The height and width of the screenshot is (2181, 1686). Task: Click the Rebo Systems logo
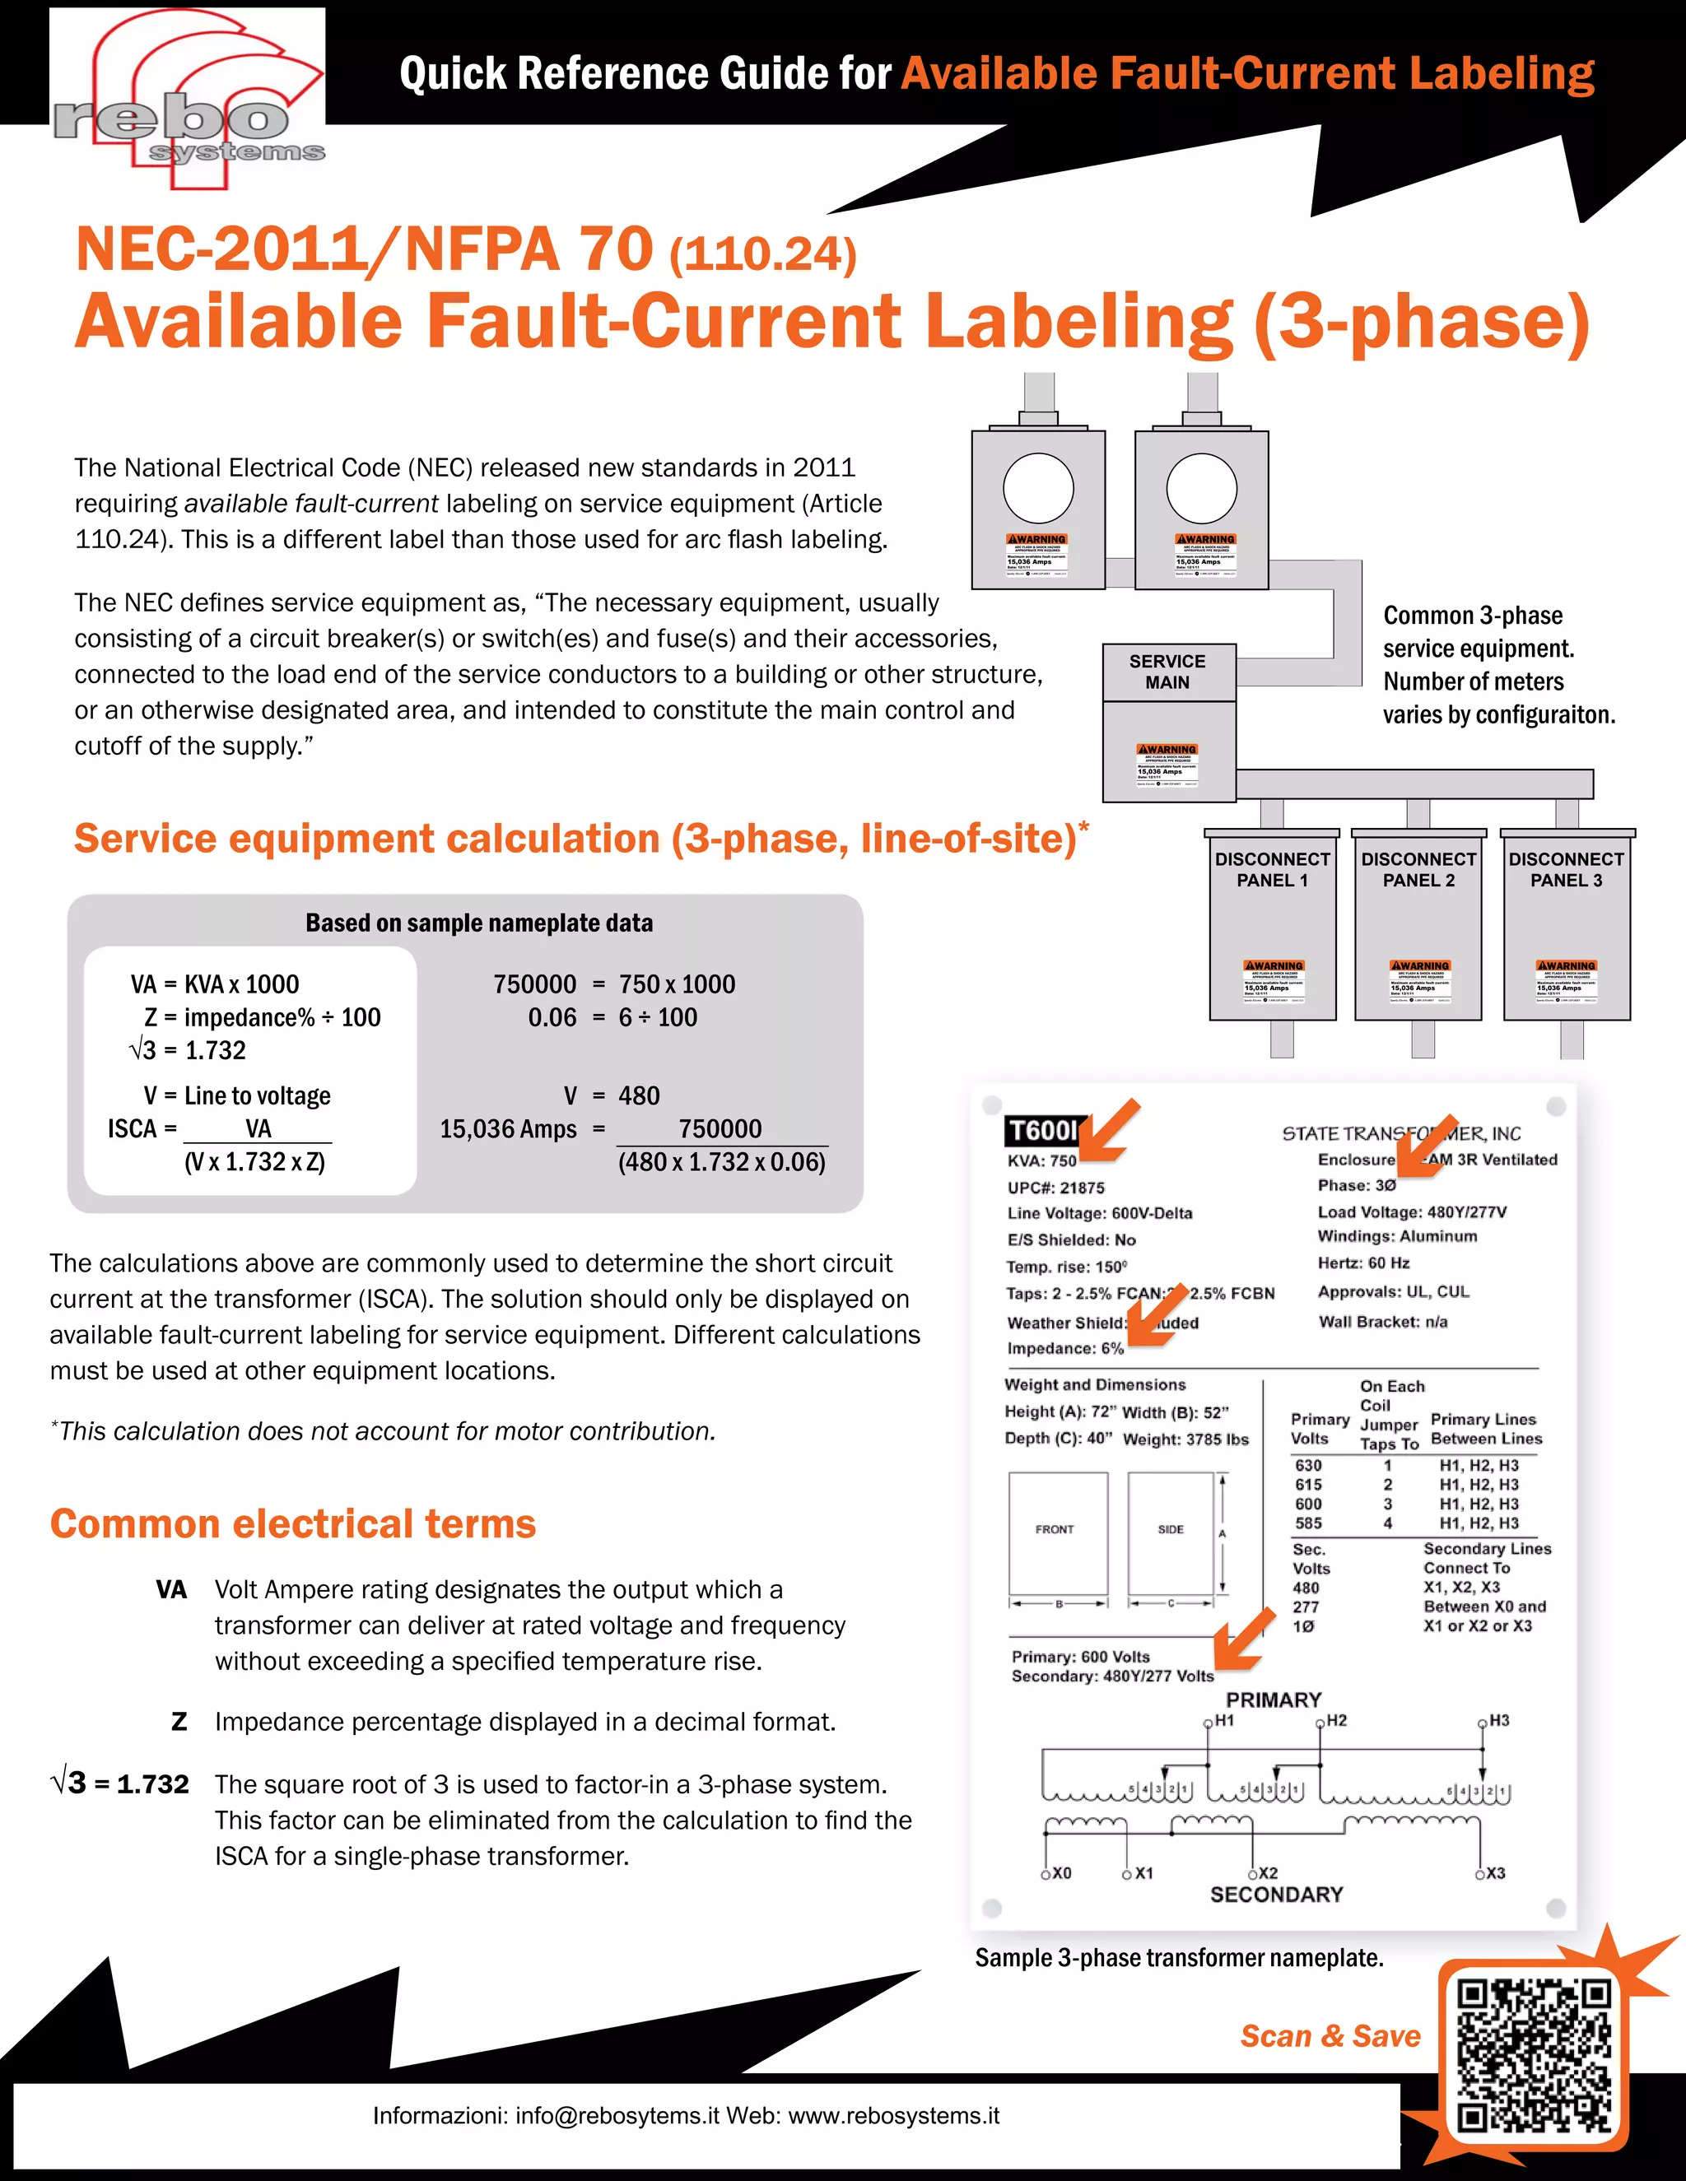tap(188, 100)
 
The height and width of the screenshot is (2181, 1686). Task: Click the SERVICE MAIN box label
tap(1167, 672)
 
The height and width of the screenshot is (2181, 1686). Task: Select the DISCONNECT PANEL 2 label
tap(1418, 869)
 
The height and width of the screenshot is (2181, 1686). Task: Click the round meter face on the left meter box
tap(1038, 488)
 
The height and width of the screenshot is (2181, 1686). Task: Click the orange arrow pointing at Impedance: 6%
tap(1157, 1316)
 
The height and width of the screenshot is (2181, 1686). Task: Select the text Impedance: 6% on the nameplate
tap(1064, 1348)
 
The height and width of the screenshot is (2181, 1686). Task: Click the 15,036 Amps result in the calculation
tap(509, 1128)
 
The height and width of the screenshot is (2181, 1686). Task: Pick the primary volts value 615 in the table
tap(1308, 1485)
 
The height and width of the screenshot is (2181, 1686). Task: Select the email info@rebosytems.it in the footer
tap(617, 2115)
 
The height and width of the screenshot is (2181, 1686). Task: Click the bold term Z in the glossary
tap(179, 1722)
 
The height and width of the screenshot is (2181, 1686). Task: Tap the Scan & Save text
tap(1330, 2035)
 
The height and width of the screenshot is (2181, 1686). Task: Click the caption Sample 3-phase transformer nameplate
tap(1179, 1957)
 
